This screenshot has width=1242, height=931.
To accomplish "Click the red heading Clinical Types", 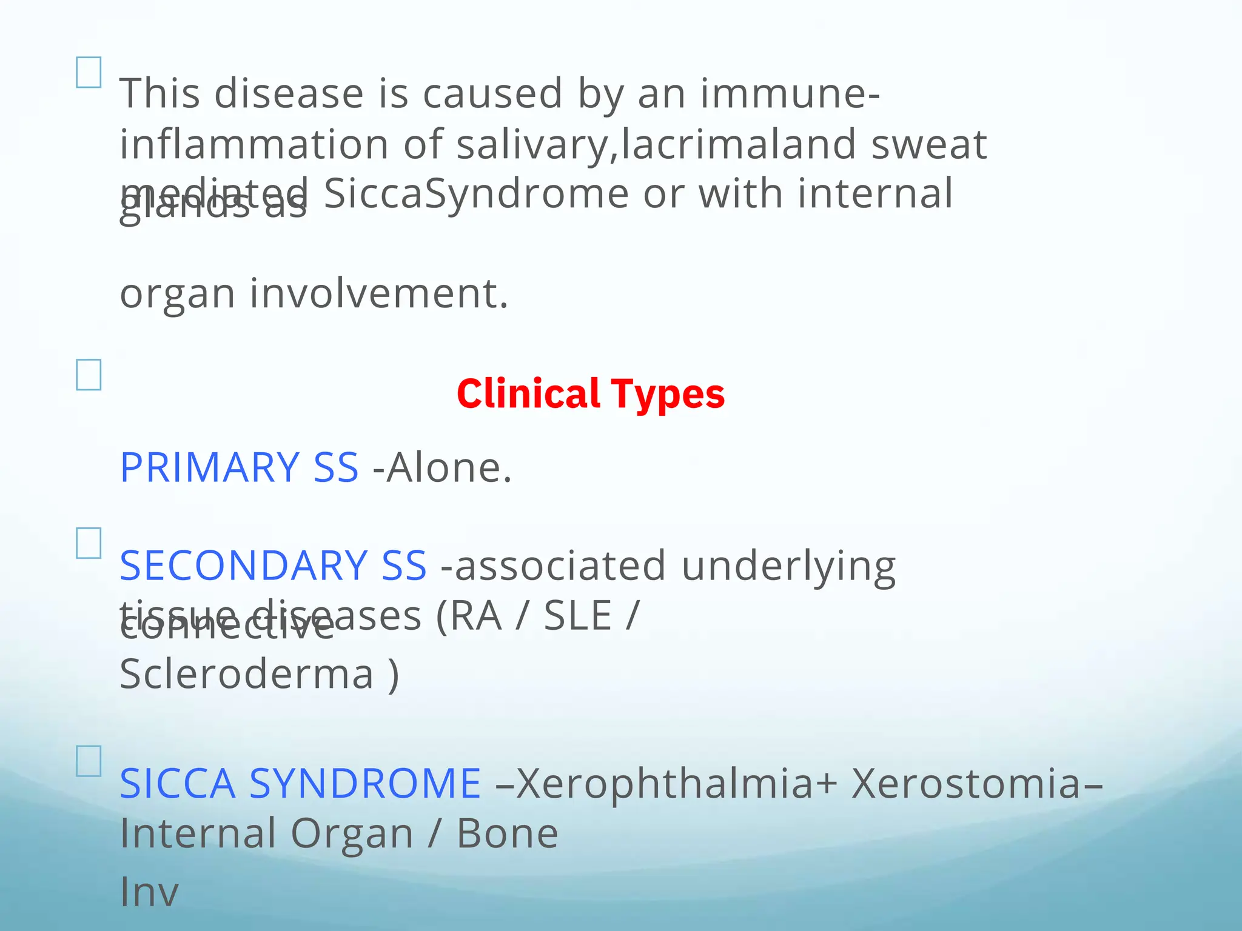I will [x=590, y=394].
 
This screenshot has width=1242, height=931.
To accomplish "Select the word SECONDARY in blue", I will [x=243, y=566].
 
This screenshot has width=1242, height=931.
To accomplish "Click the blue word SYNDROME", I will [x=365, y=784].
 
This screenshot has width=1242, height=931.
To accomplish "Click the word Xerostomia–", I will [x=976, y=784].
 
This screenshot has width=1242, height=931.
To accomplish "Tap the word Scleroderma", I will [x=247, y=674].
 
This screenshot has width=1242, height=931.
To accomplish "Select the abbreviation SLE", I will [x=577, y=616].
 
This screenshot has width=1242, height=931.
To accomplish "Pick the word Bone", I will [x=507, y=834].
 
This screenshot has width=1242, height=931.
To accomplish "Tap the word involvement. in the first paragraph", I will [x=378, y=294].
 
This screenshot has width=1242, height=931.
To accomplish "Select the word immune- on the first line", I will [x=790, y=94].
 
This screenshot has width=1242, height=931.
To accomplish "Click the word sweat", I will [x=929, y=144].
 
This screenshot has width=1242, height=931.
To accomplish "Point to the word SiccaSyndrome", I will [x=476, y=194].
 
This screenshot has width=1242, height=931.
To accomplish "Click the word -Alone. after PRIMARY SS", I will [x=443, y=468].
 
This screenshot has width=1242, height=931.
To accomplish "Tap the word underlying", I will [x=788, y=566].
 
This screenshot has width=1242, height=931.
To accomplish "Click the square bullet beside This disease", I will [x=89, y=73].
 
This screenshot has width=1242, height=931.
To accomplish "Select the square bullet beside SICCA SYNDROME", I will [x=89, y=761].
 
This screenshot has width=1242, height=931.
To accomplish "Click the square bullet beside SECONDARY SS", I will [x=89, y=543].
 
